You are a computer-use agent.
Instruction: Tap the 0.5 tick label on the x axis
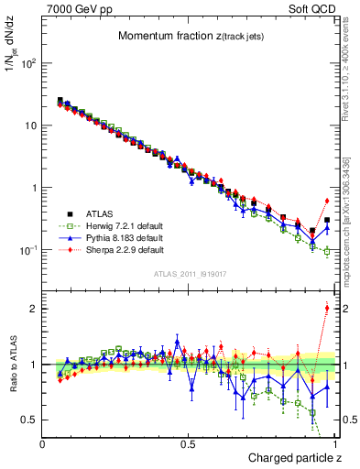(x=189, y=444)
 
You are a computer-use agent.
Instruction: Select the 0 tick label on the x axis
(x=43, y=444)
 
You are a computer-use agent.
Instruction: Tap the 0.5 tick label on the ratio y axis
(x=31, y=420)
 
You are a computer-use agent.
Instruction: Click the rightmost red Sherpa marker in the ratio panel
(x=327, y=308)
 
